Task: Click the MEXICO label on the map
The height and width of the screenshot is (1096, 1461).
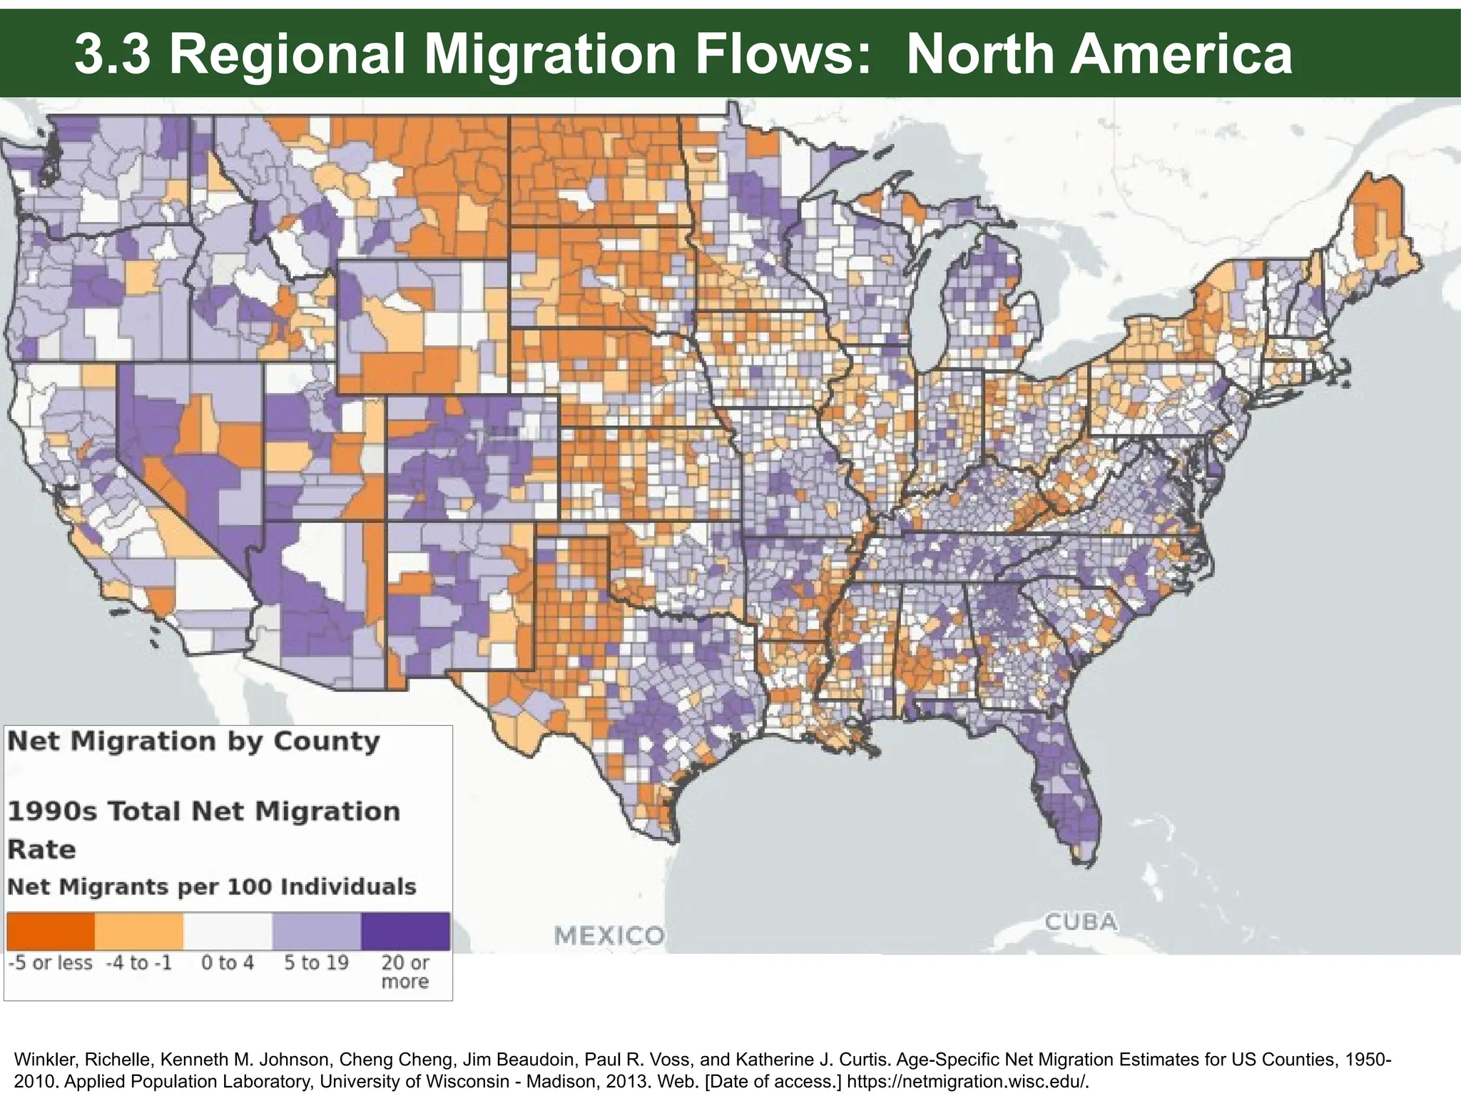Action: point(609,935)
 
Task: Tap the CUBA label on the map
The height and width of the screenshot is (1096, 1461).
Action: point(1081,922)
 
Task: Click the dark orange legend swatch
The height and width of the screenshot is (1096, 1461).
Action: point(51,930)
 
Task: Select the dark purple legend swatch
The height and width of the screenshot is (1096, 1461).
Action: point(405,930)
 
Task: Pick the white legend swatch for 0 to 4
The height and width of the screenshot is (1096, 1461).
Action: point(228,930)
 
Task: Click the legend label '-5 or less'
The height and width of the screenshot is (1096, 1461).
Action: point(51,963)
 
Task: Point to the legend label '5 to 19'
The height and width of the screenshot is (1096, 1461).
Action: point(316,963)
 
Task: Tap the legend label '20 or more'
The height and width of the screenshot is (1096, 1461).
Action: point(405,972)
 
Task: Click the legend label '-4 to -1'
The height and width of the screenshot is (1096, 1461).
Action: point(139,963)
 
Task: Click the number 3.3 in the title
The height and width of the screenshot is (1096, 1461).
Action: point(112,55)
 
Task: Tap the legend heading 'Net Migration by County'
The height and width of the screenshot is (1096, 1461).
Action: point(193,741)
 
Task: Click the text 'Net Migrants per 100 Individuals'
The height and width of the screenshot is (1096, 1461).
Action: point(211,887)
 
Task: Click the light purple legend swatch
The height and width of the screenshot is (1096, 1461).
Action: point(316,930)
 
